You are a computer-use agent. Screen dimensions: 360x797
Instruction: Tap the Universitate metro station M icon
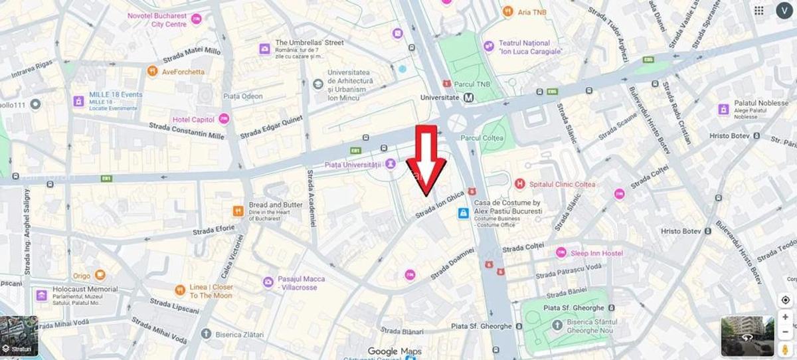[x=470, y=98]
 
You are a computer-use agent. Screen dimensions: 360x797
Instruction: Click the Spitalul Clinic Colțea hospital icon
[x=520, y=184]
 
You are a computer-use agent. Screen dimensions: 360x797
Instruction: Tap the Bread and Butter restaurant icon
[x=238, y=211]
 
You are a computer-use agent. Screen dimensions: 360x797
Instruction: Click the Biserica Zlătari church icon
[x=206, y=334]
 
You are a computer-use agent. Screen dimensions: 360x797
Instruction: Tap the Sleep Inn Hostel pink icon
[x=561, y=253]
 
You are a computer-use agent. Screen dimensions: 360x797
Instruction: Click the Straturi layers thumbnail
[x=19, y=336]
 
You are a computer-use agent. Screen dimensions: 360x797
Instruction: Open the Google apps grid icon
[x=758, y=11]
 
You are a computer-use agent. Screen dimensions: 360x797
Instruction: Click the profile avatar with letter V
[x=784, y=11]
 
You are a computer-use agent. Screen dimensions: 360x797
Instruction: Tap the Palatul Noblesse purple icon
[x=723, y=110]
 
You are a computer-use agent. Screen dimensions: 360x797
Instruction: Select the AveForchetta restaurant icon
[x=153, y=71]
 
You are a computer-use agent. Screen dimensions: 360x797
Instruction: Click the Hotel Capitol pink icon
[x=224, y=119]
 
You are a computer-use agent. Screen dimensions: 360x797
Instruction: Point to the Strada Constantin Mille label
[x=187, y=131]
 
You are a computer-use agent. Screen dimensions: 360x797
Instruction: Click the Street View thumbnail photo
[x=747, y=336]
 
